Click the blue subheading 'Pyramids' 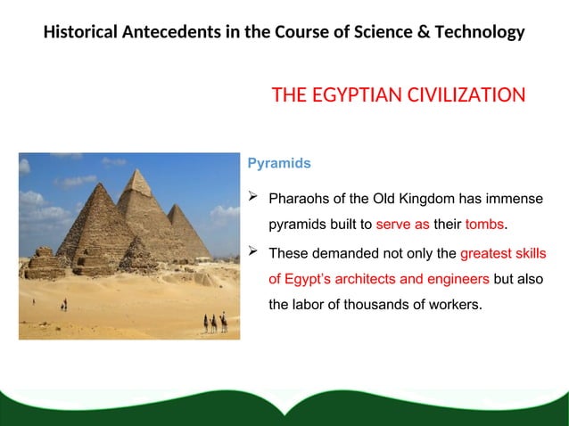[x=278, y=164]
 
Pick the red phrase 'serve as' [x=402, y=224]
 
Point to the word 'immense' [x=514, y=197]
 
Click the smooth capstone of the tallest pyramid [x=137, y=178]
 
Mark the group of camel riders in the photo [x=214, y=323]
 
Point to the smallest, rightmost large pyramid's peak [x=180, y=207]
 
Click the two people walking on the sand [x=63, y=304]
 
